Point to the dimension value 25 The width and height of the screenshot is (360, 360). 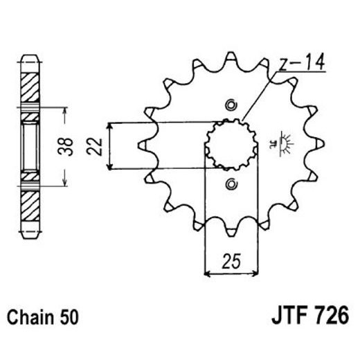(231, 261)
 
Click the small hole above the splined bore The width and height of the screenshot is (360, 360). (231, 106)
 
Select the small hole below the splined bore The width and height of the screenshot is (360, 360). (231, 184)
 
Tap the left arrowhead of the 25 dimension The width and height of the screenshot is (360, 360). (206, 271)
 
